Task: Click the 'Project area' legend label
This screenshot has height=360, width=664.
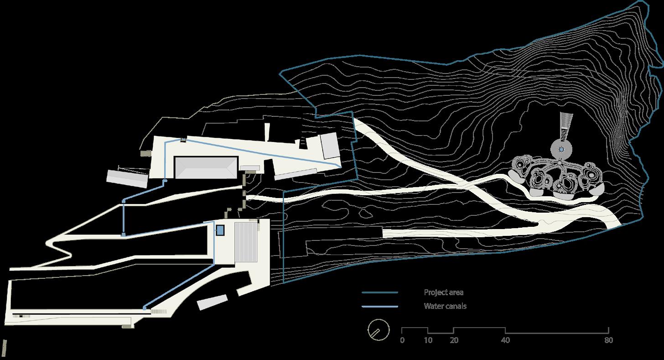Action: tap(443, 292)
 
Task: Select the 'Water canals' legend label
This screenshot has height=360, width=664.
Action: tap(445, 306)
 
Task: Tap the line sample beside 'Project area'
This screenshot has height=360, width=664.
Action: tap(380, 292)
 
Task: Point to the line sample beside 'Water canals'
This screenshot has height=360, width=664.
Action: tap(380, 306)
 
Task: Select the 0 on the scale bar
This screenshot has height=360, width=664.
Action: tap(402, 340)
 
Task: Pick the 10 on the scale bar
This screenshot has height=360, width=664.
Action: tap(427, 340)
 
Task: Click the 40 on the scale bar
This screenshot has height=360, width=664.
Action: tap(505, 340)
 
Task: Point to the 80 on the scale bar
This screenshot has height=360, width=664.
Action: tap(608, 340)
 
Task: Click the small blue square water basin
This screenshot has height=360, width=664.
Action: tap(220, 230)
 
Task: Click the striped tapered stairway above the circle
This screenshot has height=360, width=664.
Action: tap(565, 125)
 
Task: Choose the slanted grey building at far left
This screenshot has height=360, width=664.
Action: tap(127, 179)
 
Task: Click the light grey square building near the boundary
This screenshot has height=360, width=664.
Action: tap(328, 146)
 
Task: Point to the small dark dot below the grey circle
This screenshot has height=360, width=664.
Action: tap(559, 162)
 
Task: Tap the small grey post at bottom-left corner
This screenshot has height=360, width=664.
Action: tap(4, 348)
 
